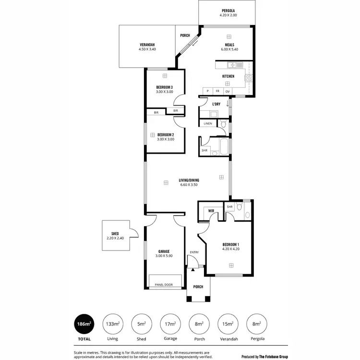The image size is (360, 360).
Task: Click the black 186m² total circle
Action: click(x=84, y=324)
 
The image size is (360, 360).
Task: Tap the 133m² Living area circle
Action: click(x=112, y=324)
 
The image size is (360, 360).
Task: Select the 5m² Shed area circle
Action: click(x=141, y=324)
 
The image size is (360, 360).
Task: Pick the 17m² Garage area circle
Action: click(x=170, y=324)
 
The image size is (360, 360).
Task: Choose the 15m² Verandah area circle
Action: click(x=227, y=324)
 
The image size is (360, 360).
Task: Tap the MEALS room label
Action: click(x=228, y=45)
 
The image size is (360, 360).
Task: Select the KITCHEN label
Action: click(x=228, y=77)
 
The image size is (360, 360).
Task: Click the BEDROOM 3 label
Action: click(x=165, y=87)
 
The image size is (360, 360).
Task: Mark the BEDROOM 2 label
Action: click(x=166, y=135)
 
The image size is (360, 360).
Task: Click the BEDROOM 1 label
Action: click(x=230, y=244)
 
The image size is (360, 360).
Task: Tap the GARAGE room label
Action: click(x=164, y=252)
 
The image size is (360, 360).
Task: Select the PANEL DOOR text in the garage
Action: click(x=164, y=285)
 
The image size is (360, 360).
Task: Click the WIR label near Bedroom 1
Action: click(x=211, y=211)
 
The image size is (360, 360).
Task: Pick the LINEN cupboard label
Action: click(x=208, y=124)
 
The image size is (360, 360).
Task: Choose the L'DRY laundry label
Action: click(x=216, y=104)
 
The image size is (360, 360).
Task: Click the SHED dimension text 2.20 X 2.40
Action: click(x=115, y=238)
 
